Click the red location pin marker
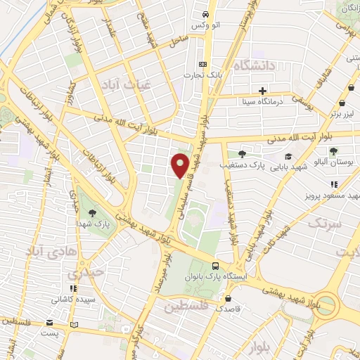(x=181, y=165)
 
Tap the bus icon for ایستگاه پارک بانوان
(x=216, y=266)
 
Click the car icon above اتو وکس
(x=205, y=14)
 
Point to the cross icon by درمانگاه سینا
(x=262, y=91)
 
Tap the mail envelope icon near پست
(x=49, y=323)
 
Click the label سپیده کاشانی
(x=68, y=298)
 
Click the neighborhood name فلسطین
(x=186, y=307)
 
